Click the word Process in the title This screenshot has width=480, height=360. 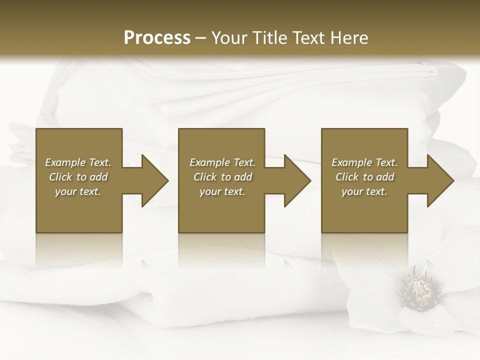(157, 37)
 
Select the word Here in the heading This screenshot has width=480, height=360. (348, 37)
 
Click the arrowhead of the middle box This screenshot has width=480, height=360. (296, 180)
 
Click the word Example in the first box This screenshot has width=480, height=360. (65, 162)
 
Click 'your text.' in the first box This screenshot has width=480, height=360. (78, 191)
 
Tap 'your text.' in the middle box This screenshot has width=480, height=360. (222, 191)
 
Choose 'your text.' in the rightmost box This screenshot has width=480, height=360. (364, 191)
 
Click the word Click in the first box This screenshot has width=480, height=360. (60, 177)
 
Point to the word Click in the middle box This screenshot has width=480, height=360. (205, 177)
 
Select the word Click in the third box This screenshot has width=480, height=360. (347, 177)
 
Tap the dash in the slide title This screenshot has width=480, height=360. (200, 38)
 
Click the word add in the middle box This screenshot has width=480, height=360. (243, 177)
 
